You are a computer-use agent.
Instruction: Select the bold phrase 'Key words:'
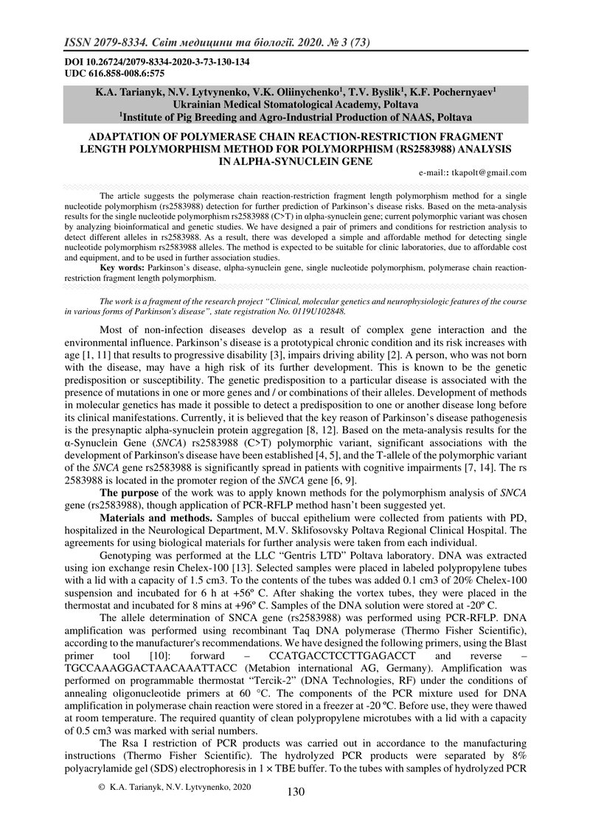click(122, 270)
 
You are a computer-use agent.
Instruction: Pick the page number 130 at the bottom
click(295, 792)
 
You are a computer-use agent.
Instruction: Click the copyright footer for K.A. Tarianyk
click(175, 788)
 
